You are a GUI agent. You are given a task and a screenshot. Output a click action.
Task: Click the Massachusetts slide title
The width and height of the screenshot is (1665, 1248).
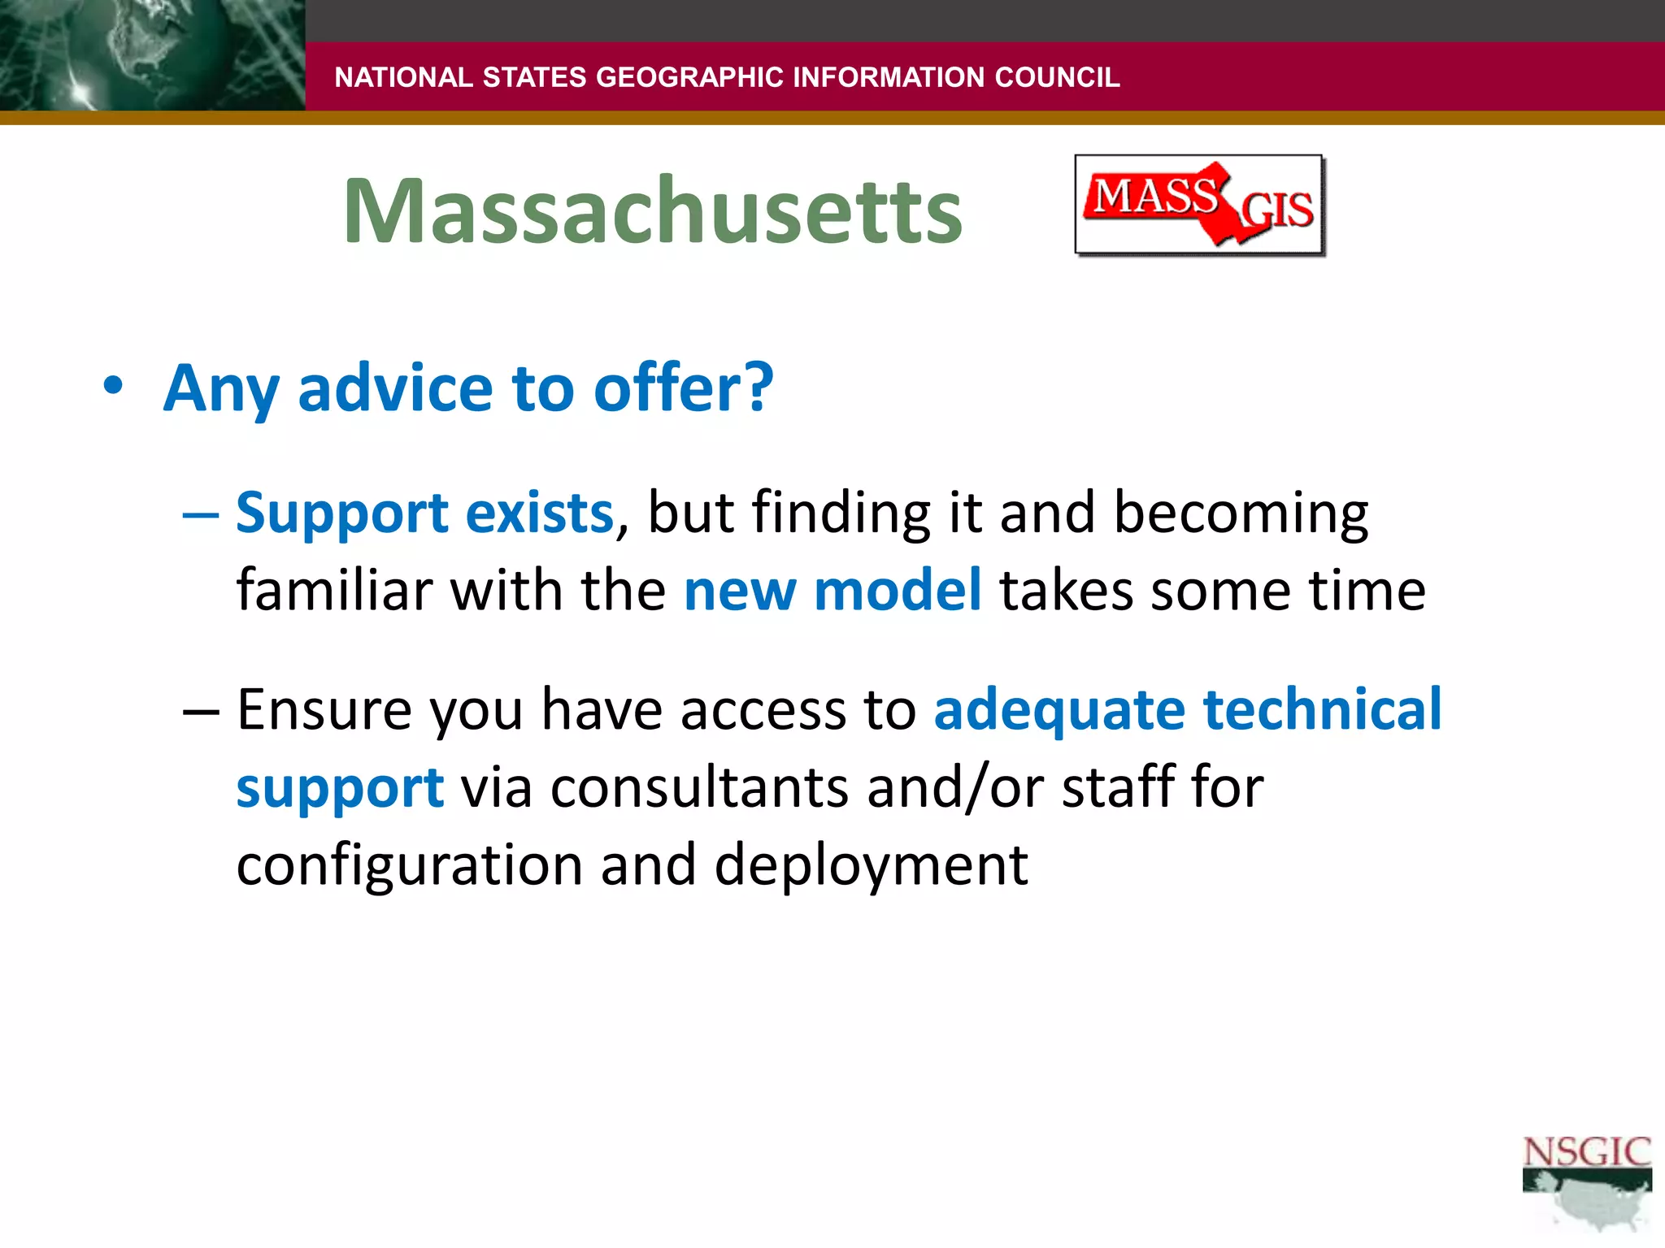[x=652, y=211]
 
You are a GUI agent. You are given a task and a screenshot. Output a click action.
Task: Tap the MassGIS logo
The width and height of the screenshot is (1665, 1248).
[x=1200, y=206]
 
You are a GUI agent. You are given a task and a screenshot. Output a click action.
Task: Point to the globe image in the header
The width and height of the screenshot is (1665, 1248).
[x=151, y=55]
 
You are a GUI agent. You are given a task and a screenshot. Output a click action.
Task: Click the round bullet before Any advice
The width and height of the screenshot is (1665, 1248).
[x=113, y=387]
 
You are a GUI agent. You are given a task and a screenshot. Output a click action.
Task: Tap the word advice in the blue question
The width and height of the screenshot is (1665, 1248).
[x=395, y=388]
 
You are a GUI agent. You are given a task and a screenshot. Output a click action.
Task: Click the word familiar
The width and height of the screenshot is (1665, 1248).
[x=333, y=591]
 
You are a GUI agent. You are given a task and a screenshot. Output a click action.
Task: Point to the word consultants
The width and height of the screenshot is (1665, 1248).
[x=699, y=788]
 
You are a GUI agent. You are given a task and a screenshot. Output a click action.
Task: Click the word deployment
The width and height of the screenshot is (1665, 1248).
[x=871, y=866]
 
